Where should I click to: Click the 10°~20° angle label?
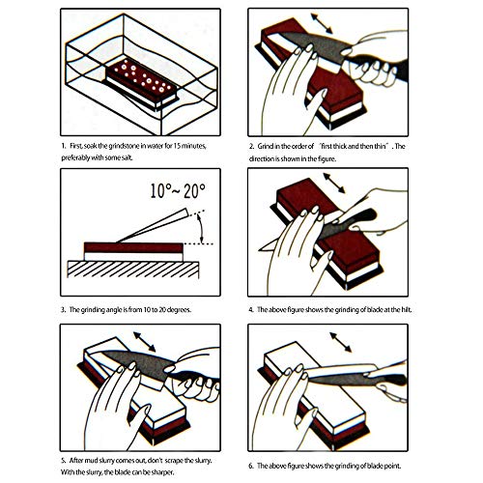[178, 191]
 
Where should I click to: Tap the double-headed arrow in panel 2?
[322, 23]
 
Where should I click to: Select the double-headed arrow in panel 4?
[334, 183]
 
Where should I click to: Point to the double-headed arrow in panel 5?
[145, 342]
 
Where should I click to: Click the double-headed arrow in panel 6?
[341, 342]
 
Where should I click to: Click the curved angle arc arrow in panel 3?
[201, 228]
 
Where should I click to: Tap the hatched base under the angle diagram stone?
[133, 270]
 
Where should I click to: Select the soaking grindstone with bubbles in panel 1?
[142, 83]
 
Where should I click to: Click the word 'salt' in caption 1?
[126, 158]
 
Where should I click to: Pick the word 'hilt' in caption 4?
[406, 309]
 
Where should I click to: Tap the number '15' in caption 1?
[178, 146]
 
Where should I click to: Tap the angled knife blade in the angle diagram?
[153, 225]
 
